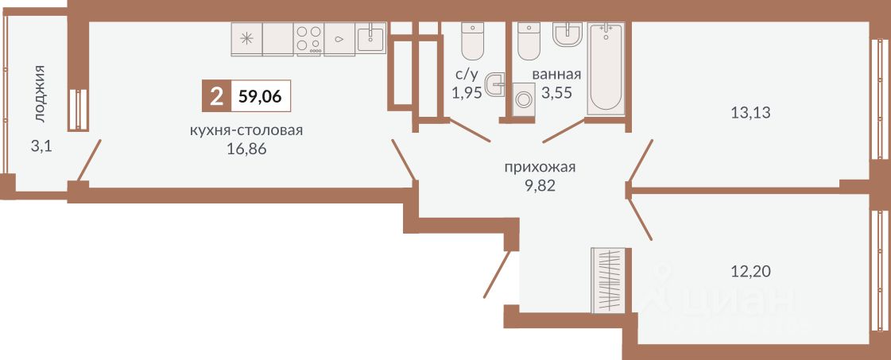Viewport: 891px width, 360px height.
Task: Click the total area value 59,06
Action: (x=260, y=98)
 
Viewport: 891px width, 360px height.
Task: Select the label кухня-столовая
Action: (x=246, y=131)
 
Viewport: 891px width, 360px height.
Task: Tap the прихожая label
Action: (x=539, y=167)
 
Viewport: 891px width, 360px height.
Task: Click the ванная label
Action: (x=556, y=75)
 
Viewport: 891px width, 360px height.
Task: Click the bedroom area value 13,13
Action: (x=751, y=112)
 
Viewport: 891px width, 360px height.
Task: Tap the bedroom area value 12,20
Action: (x=751, y=271)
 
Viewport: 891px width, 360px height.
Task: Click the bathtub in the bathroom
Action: (x=606, y=67)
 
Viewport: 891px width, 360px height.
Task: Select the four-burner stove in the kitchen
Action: (x=309, y=38)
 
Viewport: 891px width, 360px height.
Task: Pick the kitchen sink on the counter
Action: (x=371, y=37)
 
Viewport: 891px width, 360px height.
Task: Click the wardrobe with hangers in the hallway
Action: (x=610, y=281)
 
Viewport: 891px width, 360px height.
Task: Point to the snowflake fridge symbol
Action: (x=246, y=37)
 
